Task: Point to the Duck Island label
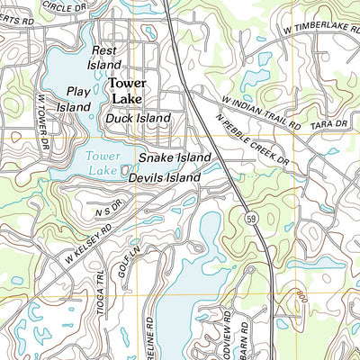coord(138,118)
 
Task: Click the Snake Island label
coord(175,157)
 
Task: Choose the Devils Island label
coord(164,178)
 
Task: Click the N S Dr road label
coord(106,211)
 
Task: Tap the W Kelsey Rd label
coord(87,245)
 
